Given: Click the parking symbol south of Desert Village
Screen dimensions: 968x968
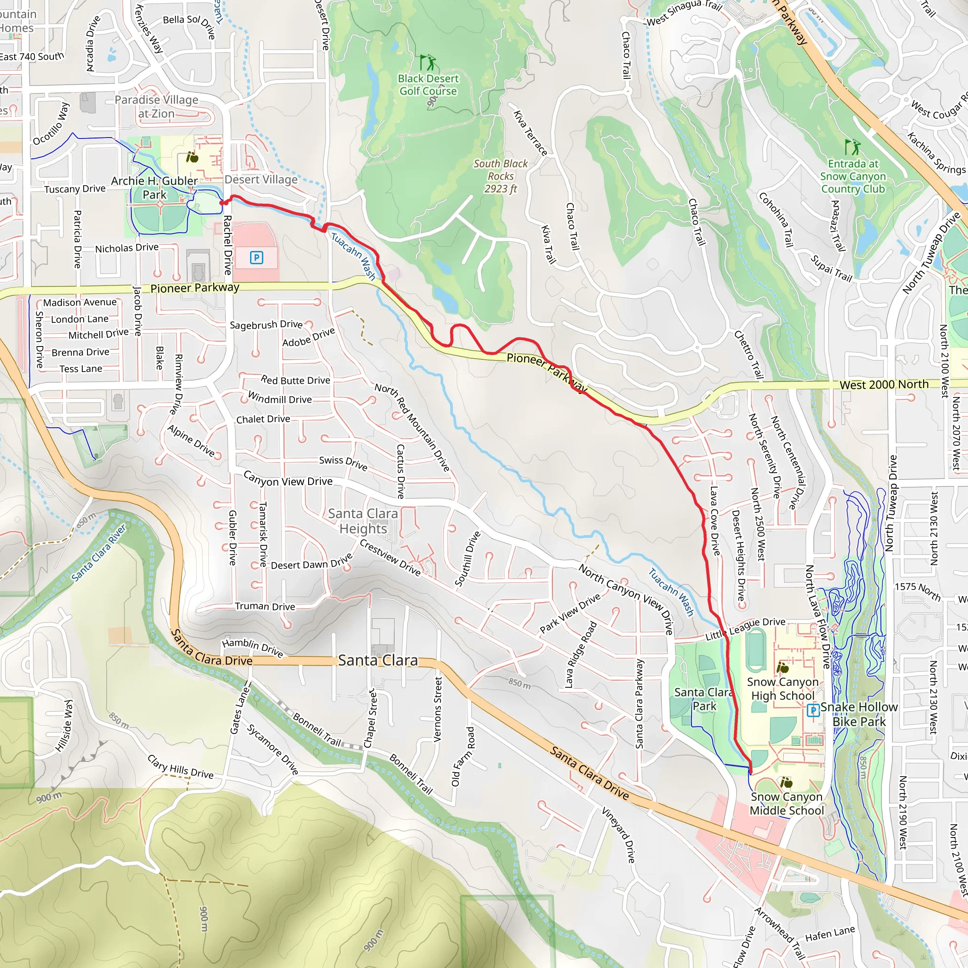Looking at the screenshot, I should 256,258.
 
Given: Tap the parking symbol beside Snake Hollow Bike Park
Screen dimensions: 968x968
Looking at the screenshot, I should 813,710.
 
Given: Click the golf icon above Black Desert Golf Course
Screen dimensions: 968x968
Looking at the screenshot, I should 427,63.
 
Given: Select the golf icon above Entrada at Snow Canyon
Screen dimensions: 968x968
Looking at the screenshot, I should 852,147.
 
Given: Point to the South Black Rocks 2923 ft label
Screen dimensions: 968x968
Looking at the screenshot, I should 501,176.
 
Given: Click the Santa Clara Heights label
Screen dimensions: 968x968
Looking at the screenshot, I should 363,521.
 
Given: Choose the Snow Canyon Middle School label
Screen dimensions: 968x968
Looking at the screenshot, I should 786,803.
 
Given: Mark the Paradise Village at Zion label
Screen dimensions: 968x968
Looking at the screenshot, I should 156,106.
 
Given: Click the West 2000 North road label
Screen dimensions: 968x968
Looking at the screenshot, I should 884,384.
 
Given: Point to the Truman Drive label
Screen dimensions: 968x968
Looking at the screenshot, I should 265,606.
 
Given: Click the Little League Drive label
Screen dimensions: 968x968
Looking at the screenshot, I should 745,629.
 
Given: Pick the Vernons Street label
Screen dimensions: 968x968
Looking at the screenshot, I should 438,709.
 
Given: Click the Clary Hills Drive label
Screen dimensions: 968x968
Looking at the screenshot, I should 181,767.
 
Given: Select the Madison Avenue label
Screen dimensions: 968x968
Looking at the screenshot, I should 80,302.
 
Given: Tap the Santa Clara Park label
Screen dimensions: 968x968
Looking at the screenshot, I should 703,699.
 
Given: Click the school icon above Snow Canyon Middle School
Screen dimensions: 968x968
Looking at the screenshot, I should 786,782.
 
